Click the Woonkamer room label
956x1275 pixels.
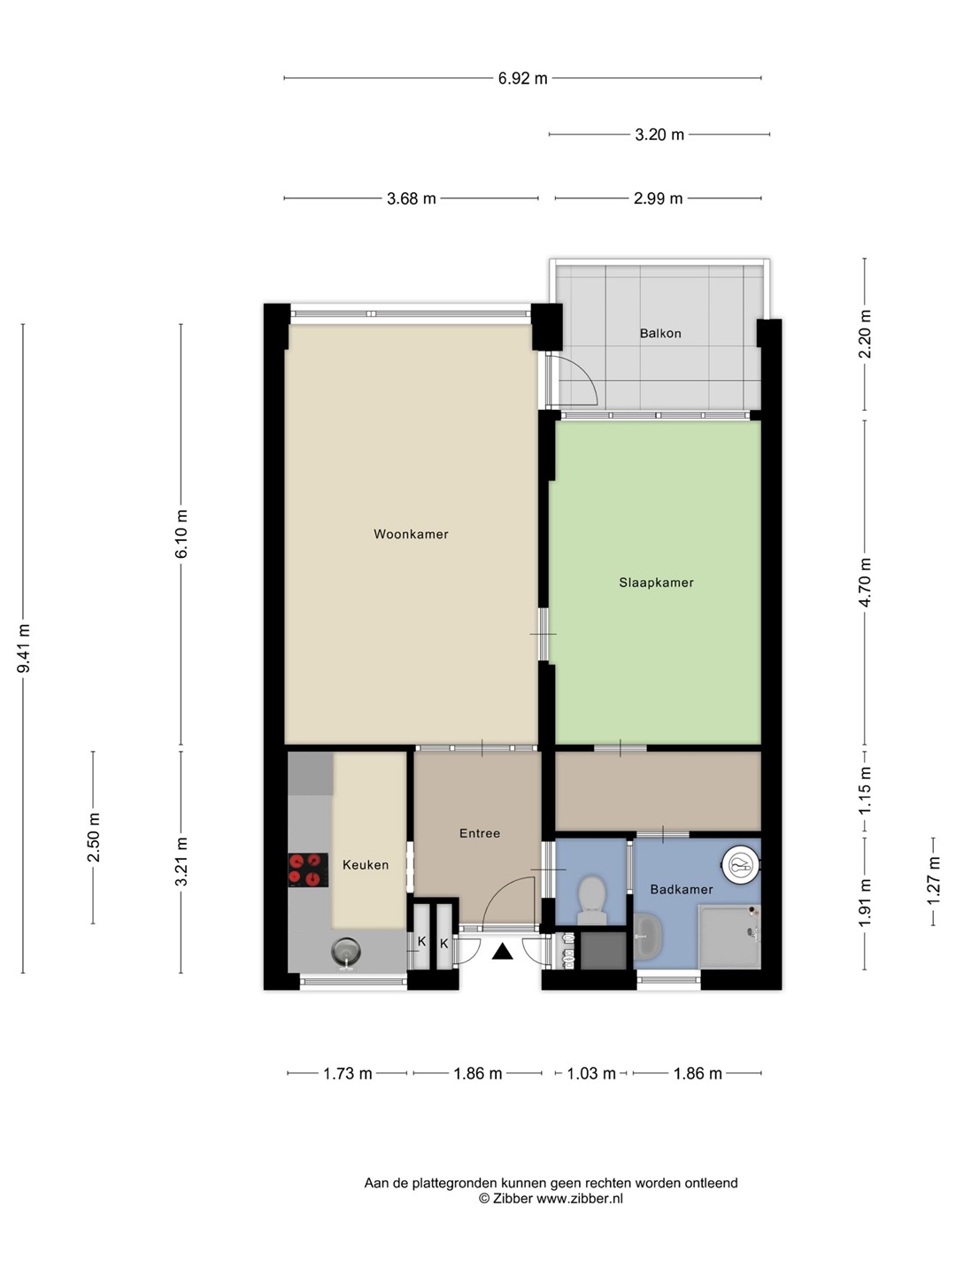click(x=411, y=534)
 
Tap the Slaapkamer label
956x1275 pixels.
click(x=656, y=583)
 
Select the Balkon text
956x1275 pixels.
click(x=660, y=334)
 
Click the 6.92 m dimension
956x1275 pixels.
click(x=522, y=78)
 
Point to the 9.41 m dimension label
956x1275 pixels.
click(x=23, y=649)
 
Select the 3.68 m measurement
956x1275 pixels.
click(x=411, y=198)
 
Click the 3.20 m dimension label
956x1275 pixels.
click(x=659, y=135)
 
